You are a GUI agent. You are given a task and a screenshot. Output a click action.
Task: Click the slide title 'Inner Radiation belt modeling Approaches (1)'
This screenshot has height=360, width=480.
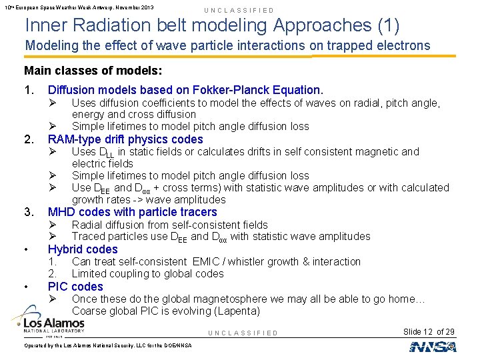pyautogui.click(x=212, y=25)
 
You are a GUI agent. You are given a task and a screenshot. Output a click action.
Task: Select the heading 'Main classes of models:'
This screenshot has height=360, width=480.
pyautogui.click(x=93, y=71)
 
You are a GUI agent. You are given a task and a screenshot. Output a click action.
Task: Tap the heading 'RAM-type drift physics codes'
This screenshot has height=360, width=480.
pyautogui.click(x=125, y=139)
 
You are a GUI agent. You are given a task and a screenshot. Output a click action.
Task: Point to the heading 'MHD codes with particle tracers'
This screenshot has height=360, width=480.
pyautogui.click(x=132, y=212)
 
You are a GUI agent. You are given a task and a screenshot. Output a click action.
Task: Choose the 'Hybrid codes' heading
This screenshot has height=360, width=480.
pyautogui.click(x=83, y=249)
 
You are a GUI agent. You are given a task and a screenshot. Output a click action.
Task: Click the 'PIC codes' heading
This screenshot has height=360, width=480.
pyautogui.click(x=75, y=287)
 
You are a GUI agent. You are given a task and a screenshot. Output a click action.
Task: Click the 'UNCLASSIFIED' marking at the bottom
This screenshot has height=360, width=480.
pyautogui.click(x=243, y=333)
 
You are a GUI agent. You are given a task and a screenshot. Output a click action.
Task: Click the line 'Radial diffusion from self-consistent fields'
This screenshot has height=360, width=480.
pyautogui.click(x=169, y=225)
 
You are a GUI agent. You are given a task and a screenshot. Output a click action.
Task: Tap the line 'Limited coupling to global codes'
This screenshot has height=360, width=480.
pyautogui.click(x=147, y=274)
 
